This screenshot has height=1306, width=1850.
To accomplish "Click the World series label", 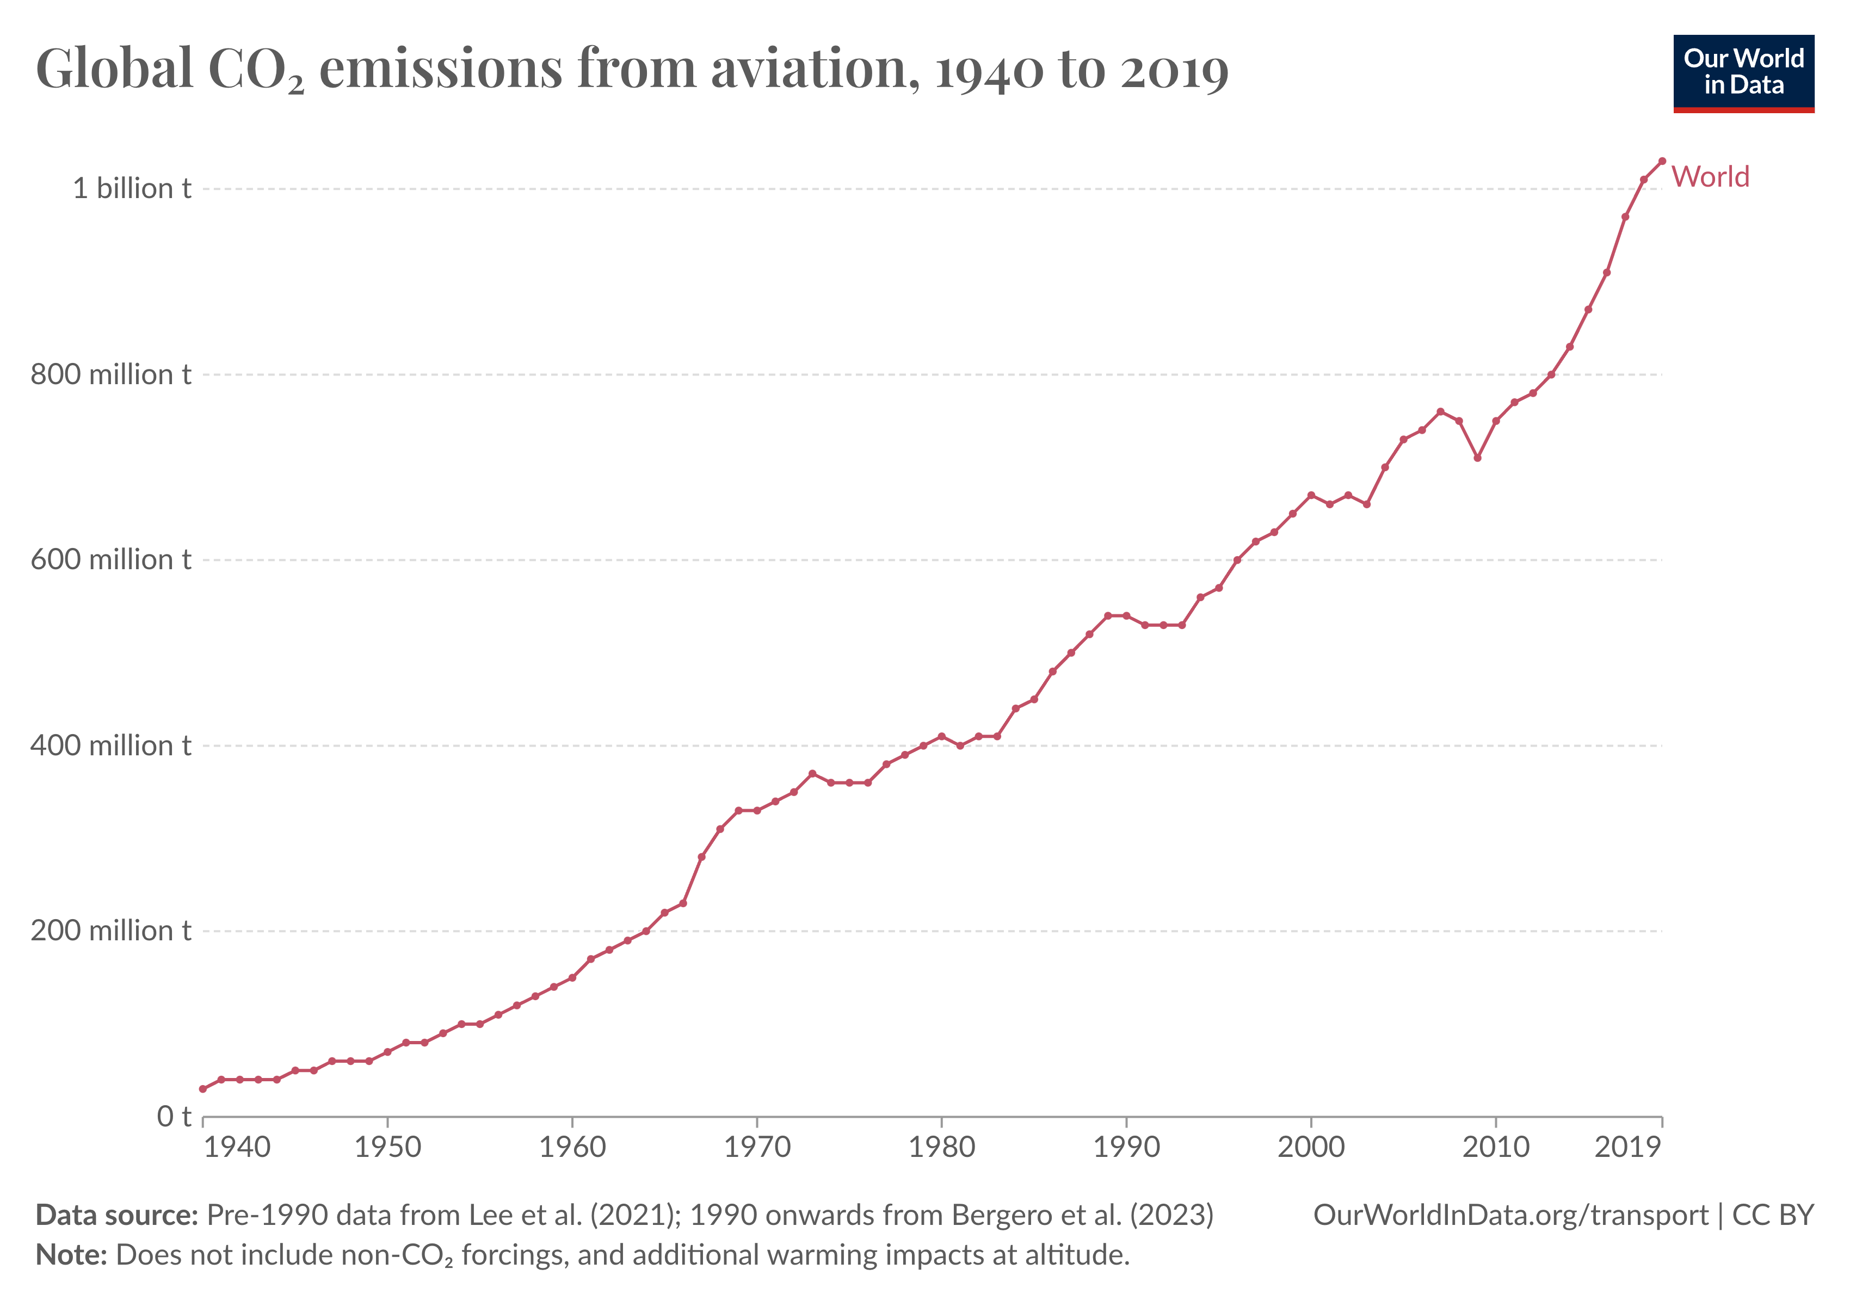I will [1710, 176].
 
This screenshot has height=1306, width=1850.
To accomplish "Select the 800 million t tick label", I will [111, 374].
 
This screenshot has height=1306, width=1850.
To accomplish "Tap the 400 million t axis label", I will [111, 746].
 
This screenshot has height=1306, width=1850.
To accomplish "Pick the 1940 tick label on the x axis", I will [237, 1147].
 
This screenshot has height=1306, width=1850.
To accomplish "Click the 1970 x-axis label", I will [757, 1147].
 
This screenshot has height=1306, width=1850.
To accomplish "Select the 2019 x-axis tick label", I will [1627, 1147].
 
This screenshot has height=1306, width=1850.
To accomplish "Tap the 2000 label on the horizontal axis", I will [1311, 1147].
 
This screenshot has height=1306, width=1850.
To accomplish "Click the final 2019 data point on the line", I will [1661, 161].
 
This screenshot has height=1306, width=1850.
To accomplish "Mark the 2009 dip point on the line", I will [1477, 458].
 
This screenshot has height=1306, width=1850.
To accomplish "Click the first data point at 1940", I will [203, 1088].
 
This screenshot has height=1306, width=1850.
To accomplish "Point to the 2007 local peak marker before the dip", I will [1440, 412].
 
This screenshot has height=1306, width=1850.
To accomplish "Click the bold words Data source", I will [117, 1215].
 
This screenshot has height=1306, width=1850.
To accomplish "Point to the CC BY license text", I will [1773, 1215].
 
